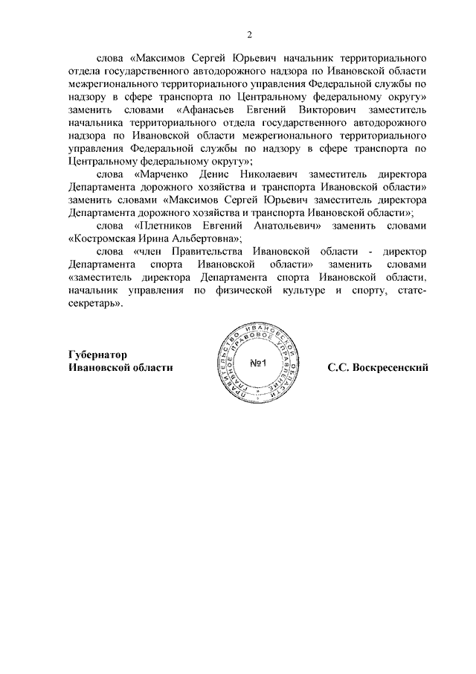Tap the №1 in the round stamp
tap(257, 363)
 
